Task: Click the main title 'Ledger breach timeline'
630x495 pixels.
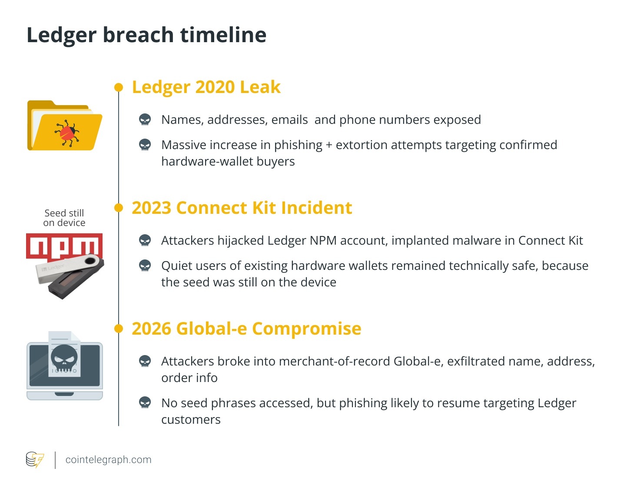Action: (x=146, y=35)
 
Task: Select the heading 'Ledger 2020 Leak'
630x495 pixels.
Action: (x=206, y=87)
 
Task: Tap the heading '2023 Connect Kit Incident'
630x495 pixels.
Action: (x=242, y=208)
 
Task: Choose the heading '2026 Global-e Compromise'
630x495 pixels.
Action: (x=246, y=329)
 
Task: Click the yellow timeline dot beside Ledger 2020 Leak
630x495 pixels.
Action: (x=119, y=87)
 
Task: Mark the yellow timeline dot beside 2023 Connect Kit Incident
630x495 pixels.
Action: (x=119, y=208)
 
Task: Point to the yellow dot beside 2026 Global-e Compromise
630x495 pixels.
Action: (x=119, y=329)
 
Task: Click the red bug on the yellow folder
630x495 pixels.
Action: (x=67, y=133)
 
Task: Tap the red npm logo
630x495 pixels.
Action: (x=64, y=246)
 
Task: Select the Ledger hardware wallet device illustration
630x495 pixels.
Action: (x=70, y=276)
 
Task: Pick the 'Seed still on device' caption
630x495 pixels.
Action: (x=64, y=218)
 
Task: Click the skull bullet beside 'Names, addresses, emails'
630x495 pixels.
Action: (x=145, y=120)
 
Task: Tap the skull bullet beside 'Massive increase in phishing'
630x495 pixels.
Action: (x=145, y=145)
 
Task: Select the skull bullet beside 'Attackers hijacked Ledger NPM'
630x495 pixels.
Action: (x=145, y=240)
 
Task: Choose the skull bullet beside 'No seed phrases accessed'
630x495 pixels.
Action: (x=145, y=403)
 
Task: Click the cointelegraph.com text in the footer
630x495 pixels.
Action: (x=109, y=460)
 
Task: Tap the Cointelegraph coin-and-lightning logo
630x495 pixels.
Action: (x=35, y=460)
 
